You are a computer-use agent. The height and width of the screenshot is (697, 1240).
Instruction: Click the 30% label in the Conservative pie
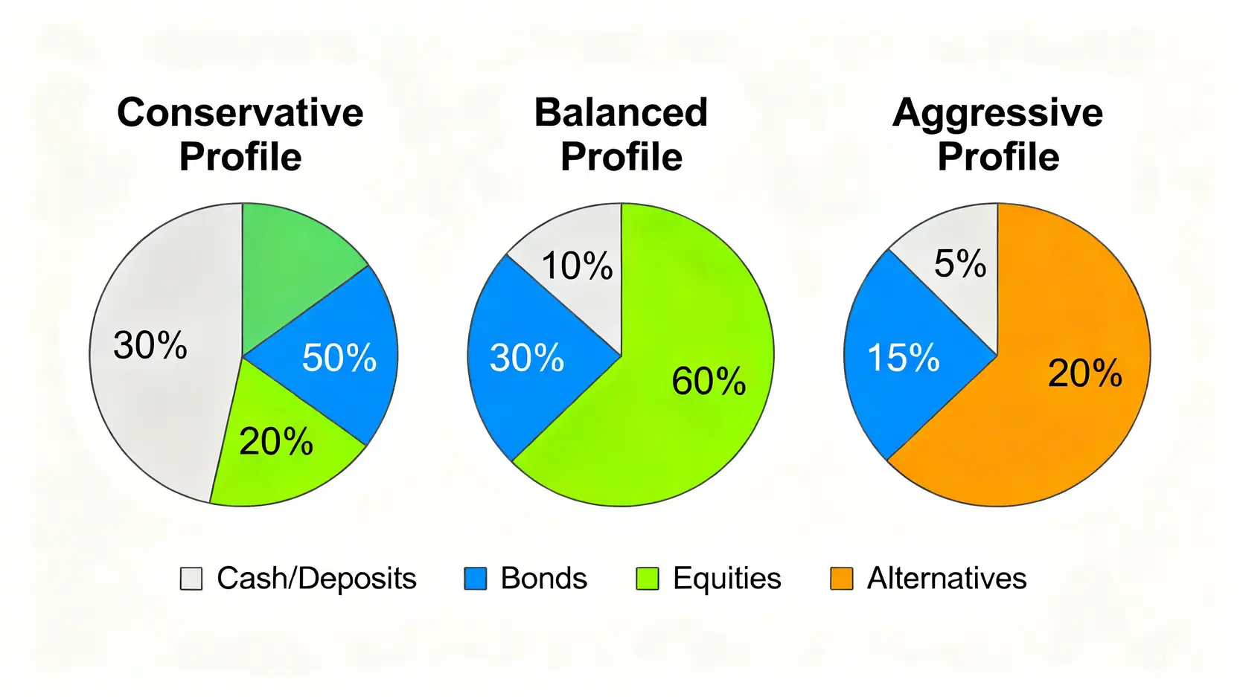click(x=150, y=345)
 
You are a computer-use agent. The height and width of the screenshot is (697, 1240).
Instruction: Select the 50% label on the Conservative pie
click(x=339, y=357)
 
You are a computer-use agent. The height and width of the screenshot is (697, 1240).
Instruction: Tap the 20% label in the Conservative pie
click(x=276, y=441)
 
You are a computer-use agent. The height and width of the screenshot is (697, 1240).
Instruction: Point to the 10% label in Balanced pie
click(x=578, y=266)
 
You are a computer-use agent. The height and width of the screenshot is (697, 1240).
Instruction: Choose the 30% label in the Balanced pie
click(x=527, y=357)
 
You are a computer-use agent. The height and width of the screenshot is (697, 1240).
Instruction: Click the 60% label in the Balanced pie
click(x=709, y=381)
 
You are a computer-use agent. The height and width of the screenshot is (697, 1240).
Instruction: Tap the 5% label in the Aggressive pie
click(x=960, y=263)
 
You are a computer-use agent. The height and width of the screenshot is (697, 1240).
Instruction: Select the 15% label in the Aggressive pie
click(x=904, y=357)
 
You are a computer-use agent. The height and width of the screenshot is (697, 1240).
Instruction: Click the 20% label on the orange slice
click(x=1085, y=373)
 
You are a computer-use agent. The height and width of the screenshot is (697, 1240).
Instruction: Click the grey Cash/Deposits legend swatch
click(x=191, y=579)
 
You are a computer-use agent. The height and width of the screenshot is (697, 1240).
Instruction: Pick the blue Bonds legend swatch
click(x=476, y=579)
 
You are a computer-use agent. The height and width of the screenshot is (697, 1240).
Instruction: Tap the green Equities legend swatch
click(x=648, y=579)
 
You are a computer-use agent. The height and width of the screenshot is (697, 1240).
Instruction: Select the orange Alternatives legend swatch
click(x=841, y=579)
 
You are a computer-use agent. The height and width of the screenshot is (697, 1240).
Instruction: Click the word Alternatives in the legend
click(x=947, y=579)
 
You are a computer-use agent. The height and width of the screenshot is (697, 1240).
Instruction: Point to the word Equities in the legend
click(x=727, y=579)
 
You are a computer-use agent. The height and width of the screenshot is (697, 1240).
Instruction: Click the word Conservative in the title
click(x=240, y=113)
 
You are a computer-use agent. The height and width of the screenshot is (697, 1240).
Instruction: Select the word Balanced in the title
click(x=621, y=113)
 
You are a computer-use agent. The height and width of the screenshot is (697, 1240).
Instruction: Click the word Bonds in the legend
click(x=544, y=579)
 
